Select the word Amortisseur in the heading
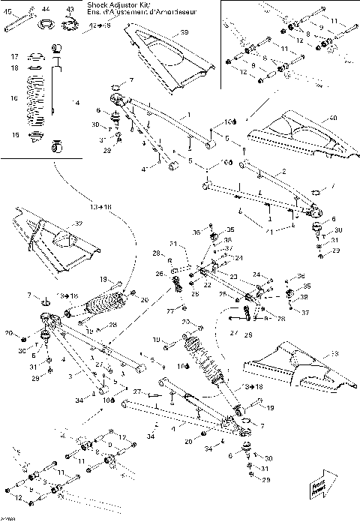(160, 13)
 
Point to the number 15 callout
(13, 135)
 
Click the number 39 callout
(184, 33)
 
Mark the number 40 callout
(333, 118)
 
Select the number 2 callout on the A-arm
(284, 172)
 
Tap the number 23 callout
(233, 277)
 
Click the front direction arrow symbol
(330, 481)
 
